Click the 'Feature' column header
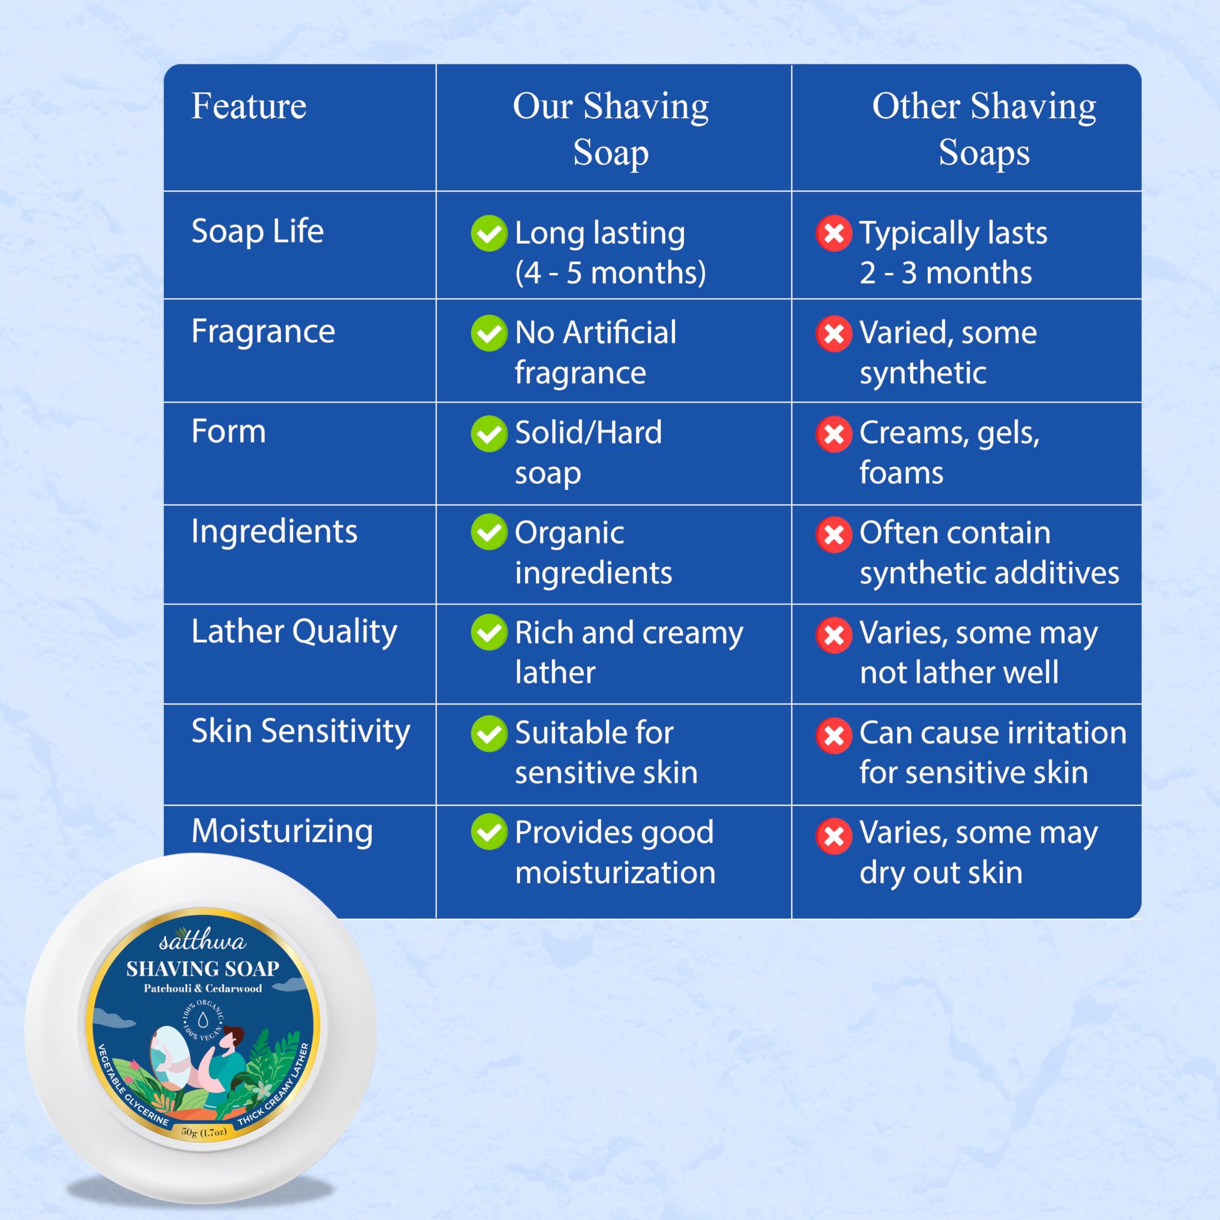point(249,106)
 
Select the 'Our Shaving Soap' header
point(610,130)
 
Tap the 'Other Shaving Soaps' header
point(984,130)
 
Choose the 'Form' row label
point(229,432)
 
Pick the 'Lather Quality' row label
point(294,631)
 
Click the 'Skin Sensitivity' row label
point(301,731)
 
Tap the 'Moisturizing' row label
point(282,831)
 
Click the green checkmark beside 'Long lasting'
point(489,233)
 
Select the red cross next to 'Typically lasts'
point(834,233)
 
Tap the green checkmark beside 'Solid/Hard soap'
point(489,433)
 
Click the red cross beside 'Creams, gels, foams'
point(834,434)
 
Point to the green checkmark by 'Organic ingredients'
point(489,532)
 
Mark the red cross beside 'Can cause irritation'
point(834,735)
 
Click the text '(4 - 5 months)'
point(610,273)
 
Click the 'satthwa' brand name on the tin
point(202,941)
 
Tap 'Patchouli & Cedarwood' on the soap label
point(203,988)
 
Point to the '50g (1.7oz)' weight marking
point(203,1131)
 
